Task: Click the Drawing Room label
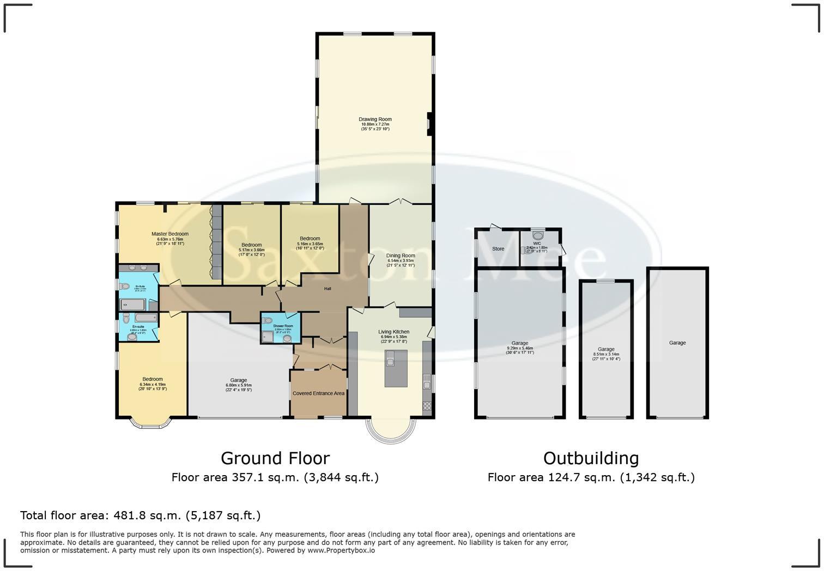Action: click(x=375, y=119)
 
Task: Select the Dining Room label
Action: click(x=401, y=256)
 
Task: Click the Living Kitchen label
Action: click(x=393, y=332)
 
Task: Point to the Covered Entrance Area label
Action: click(x=318, y=393)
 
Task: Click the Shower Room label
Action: click(x=283, y=326)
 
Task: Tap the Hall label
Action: click(x=328, y=289)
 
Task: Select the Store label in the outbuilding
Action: click(x=498, y=249)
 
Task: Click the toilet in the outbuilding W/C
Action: click(x=538, y=236)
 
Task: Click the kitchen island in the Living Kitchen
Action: click(x=396, y=368)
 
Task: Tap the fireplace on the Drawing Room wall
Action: click(x=430, y=124)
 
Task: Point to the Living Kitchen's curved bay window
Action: click(x=391, y=431)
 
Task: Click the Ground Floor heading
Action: click(x=275, y=458)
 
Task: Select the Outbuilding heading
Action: click(x=591, y=458)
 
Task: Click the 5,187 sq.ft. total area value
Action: click(x=223, y=515)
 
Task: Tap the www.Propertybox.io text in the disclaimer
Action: click(x=341, y=550)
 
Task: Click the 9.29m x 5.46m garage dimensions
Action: click(x=519, y=348)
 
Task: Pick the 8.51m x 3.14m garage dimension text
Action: click(x=606, y=354)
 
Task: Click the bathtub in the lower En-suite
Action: click(x=146, y=318)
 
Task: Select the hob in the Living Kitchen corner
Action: click(x=427, y=405)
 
